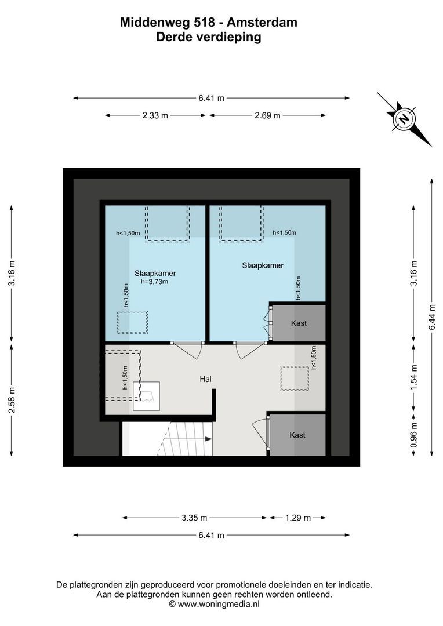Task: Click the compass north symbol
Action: point(404,119)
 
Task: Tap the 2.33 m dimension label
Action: point(155,115)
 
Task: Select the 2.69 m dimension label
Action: point(267,115)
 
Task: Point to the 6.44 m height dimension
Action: point(431,318)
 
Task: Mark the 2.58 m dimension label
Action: point(12,399)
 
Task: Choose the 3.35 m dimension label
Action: point(194,518)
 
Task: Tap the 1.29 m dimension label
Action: point(297,518)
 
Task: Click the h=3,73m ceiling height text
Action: point(155,282)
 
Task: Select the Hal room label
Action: point(205,379)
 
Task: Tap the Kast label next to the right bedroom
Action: point(299,323)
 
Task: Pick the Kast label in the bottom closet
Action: point(297,435)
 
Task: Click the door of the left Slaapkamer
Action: point(188,350)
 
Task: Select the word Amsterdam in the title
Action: point(262,23)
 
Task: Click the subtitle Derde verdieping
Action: point(209,37)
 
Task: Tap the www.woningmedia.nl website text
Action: point(218,603)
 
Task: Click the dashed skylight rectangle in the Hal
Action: point(295,378)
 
